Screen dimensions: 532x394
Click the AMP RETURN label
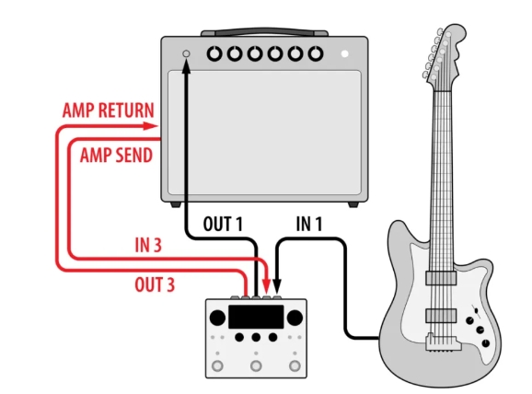pyautogui.click(x=109, y=110)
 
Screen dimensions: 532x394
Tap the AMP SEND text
pyautogui.click(x=116, y=156)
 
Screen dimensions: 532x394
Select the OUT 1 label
pyautogui.click(x=223, y=224)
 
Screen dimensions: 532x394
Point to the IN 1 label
pyautogui.click(x=309, y=224)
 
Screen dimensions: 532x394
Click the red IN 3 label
pyautogui.click(x=148, y=245)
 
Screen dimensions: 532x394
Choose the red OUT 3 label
pyautogui.click(x=155, y=284)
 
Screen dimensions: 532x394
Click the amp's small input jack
pyautogui.click(x=186, y=53)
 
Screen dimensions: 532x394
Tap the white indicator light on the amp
pyautogui.click(x=345, y=53)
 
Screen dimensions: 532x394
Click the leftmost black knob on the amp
pyautogui.click(x=214, y=53)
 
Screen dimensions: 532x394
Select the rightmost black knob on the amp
pyautogui.click(x=316, y=53)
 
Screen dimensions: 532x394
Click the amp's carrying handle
pyautogui.click(x=265, y=32)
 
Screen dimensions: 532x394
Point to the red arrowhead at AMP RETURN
pyautogui.click(x=150, y=126)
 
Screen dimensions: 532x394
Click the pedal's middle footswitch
pyautogui.click(x=256, y=365)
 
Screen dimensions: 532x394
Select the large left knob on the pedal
pyautogui.click(x=217, y=318)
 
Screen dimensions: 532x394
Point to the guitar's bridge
pyautogui.click(x=443, y=342)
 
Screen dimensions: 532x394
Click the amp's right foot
pyautogui.click(x=353, y=204)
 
